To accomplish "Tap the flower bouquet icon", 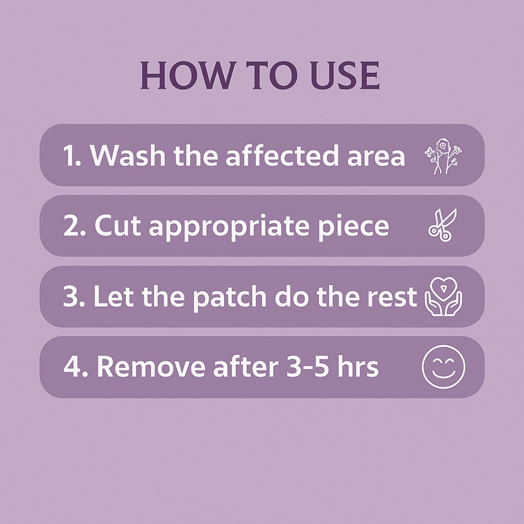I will coord(443,156).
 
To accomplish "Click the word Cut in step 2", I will coord(116,226).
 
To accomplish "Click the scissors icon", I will coord(442,225).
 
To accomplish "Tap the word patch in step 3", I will coord(231,297).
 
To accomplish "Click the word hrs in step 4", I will coord(359,367).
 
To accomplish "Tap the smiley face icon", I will coord(443,367).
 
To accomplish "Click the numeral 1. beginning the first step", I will coord(72,156).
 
